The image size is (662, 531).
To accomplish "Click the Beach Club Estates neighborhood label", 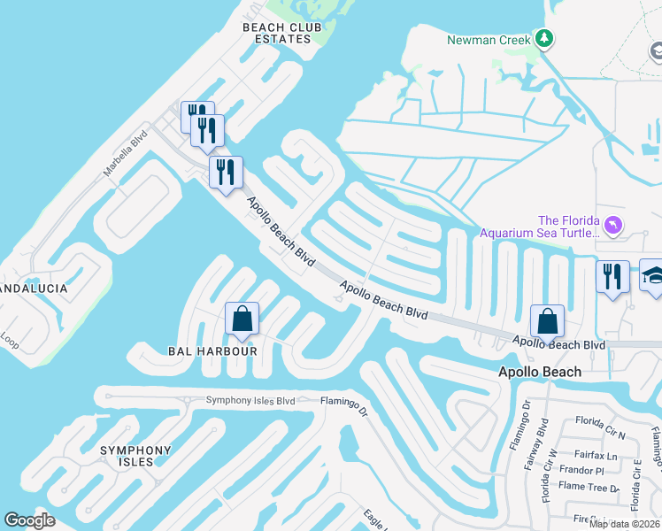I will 277,33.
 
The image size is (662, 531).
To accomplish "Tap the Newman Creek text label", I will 489,40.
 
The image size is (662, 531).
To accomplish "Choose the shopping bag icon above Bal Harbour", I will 242,319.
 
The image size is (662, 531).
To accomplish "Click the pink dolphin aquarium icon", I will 614,227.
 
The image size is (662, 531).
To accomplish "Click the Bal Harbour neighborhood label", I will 212,351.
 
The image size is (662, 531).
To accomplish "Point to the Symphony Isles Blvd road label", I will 250,400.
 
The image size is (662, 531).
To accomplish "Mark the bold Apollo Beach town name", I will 540,372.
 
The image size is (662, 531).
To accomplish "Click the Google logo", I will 30,520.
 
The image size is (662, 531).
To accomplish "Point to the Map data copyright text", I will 624,524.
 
